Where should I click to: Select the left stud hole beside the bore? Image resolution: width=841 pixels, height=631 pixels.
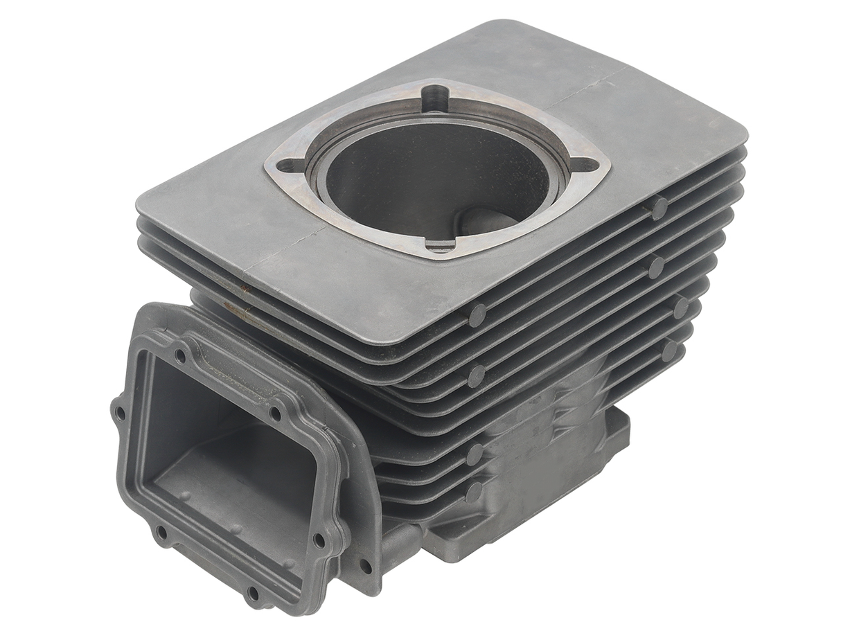[x=285, y=166]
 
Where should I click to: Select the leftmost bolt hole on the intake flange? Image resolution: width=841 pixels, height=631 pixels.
[x=120, y=414]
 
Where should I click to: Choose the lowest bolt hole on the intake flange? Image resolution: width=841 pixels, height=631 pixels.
[x=253, y=594]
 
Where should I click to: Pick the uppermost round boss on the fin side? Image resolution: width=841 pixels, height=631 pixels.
[x=659, y=206]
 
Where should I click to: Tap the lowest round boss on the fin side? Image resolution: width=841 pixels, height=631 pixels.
[x=474, y=492]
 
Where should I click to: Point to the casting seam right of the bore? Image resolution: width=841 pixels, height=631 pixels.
[x=589, y=90]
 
